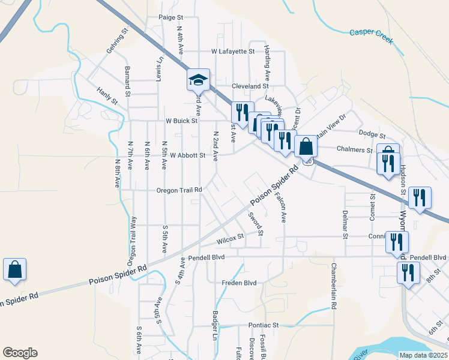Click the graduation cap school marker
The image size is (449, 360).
198,80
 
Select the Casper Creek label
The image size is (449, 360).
371,36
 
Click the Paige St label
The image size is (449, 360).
170,18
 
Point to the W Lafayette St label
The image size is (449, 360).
233,52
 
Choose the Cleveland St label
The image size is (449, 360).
250,86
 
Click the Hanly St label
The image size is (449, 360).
106,95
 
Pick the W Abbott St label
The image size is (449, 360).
188,155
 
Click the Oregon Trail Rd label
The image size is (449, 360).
179,190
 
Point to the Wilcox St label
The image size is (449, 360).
230,238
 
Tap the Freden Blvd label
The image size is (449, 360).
239,283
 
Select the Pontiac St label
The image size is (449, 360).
264,325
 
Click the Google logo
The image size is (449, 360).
20,353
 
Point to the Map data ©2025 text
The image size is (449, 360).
423,355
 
